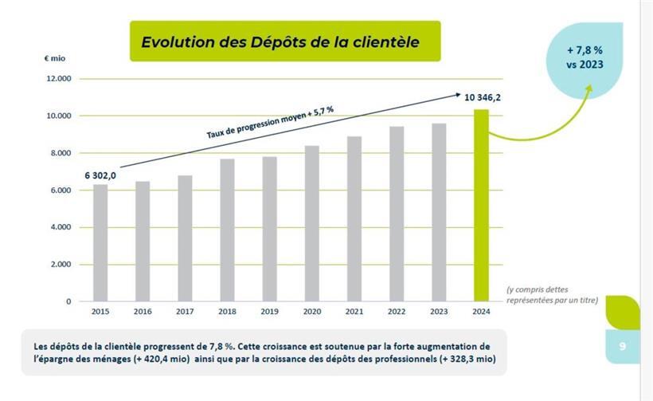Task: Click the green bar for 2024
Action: pyautogui.click(x=481, y=205)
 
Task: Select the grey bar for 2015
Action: pyautogui.click(x=100, y=242)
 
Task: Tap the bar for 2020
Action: pyautogui.click(x=311, y=223)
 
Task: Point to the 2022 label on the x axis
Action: pyautogui.click(x=396, y=312)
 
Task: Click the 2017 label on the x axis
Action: pyautogui.click(x=185, y=312)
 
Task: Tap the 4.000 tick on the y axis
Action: pyautogui.click(x=60, y=227)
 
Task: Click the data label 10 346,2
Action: pyautogui.click(x=483, y=97)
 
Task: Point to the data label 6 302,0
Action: pyautogui.click(x=100, y=175)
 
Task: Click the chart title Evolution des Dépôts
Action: pyautogui.click(x=280, y=41)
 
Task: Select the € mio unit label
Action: pyautogui.click(x=54, y=59)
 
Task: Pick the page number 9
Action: pyautogui.click(x=622, y=346)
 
